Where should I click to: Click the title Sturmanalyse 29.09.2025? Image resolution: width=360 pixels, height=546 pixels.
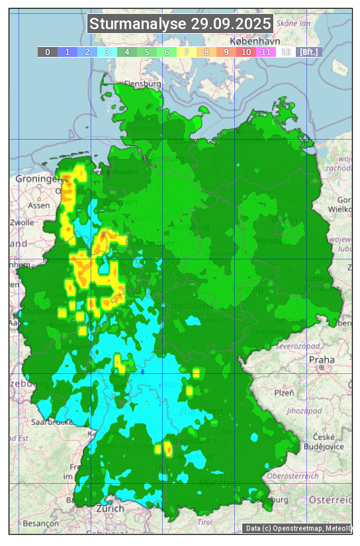pos(180,24)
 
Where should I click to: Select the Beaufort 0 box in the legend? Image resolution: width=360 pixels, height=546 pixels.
pos(47,52)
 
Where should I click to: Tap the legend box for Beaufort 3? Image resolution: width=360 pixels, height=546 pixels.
pos(107,52)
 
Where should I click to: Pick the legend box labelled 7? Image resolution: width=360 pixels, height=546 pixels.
pos(186,52)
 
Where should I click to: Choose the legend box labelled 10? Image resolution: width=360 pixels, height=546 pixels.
pos(246,52)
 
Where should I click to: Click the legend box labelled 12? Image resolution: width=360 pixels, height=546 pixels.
pos(286,52)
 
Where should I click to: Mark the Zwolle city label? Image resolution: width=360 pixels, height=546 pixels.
pos(22,222)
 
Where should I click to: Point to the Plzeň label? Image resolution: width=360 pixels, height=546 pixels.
pos(284,392)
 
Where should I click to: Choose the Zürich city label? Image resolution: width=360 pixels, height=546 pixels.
pos(110,508)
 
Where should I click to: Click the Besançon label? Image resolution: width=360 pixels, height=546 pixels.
pos(40,523)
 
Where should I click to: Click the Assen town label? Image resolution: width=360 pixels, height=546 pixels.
pos(39,205)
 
